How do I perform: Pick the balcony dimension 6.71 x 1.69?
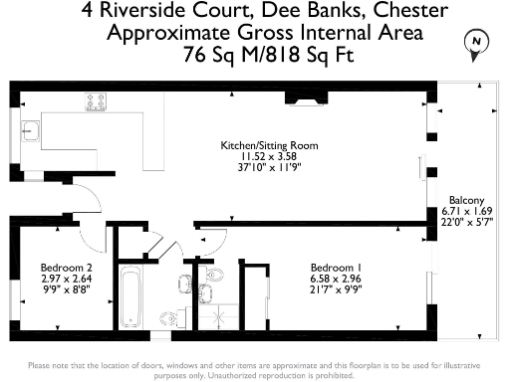point(467,211)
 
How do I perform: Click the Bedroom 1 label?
point(336,268)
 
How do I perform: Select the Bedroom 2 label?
point(67,268)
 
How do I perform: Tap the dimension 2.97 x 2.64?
point(67,279)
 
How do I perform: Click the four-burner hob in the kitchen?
point(97,102)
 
